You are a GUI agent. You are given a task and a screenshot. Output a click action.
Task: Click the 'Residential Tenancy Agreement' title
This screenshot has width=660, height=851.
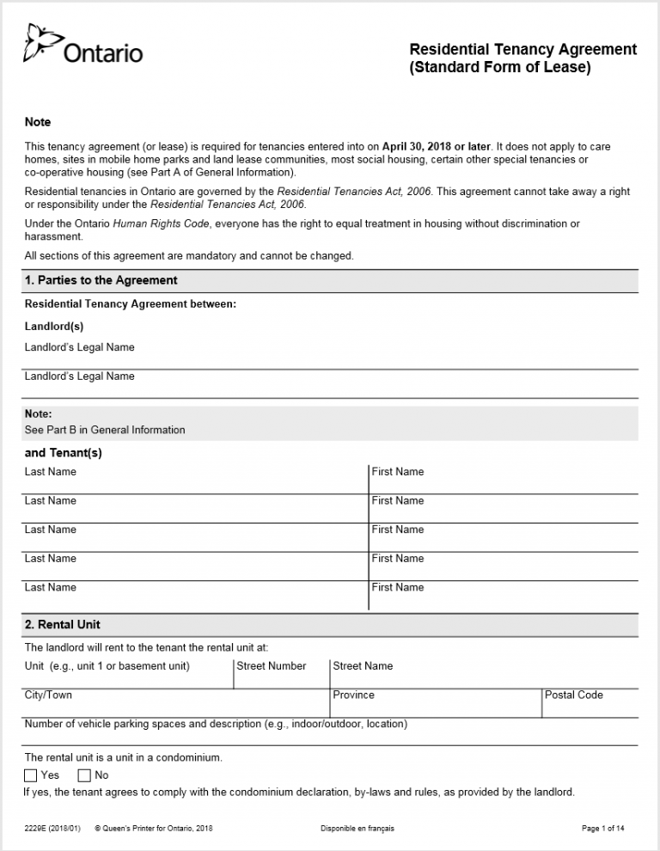point(522,49)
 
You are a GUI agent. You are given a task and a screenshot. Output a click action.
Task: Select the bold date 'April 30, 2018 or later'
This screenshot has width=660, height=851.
point(437,146)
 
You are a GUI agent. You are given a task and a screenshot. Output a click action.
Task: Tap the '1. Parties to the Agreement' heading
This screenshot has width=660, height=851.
point(101,280)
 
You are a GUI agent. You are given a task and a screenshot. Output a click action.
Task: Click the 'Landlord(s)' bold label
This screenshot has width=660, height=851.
point(54,327)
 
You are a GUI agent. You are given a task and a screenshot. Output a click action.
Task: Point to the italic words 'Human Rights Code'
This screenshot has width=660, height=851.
point(162,223)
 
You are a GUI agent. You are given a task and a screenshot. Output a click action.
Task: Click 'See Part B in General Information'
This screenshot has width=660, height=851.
point(105,430)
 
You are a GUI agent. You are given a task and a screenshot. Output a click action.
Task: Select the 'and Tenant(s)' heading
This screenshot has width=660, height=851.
point(63,453)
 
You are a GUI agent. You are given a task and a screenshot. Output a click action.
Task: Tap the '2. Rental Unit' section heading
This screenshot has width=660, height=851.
point(63,625)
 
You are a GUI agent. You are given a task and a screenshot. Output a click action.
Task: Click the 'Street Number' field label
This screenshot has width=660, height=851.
point(271,666)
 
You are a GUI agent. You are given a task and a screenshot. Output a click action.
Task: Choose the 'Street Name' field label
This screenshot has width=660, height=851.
point(363,666)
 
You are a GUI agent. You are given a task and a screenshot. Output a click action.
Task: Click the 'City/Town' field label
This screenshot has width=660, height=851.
point(48,695)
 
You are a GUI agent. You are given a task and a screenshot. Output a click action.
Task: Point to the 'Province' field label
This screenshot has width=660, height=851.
point(353,695)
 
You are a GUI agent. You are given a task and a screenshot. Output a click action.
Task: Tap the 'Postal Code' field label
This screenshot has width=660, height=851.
point(573,695)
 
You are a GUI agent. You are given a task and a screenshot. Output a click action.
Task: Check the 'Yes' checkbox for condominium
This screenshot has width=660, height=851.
point(31,775)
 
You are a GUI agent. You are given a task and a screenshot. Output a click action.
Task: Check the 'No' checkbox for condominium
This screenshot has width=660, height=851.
point(84,775)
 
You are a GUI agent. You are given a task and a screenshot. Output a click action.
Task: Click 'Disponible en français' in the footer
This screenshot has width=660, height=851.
point(357,829)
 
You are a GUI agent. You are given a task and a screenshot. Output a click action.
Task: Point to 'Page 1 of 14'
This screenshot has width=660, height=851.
point(602,829)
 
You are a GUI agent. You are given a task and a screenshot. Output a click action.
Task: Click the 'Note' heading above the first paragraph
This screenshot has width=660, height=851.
point(38,122)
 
